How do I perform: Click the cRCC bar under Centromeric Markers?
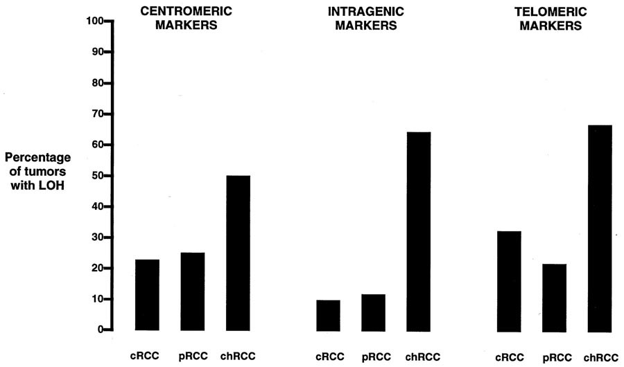[x=147, y=295]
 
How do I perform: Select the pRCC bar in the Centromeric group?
[x=193, y=292]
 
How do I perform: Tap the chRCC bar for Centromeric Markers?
[x=238, y=253]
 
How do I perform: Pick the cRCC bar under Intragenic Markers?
[x=327, y=315]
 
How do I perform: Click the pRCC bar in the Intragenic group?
[x=373, y=312]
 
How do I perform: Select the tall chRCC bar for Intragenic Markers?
[x=418, y=231]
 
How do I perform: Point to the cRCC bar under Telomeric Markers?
[x=509, y=280]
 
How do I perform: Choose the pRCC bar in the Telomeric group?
[x=554, y=297]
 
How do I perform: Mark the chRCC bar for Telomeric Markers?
[x=600, y=228]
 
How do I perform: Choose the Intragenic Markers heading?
[x=363, y=19]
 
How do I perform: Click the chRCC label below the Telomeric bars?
[x=600, y=357]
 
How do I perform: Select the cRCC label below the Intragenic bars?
[x=327, y=357]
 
